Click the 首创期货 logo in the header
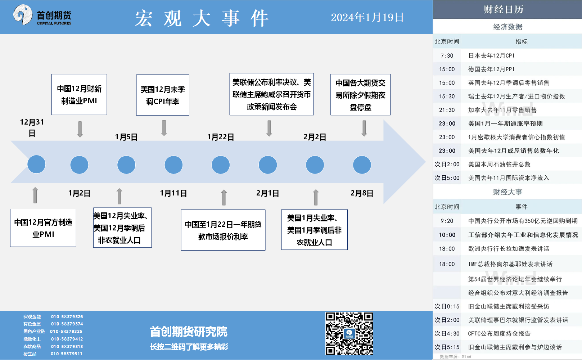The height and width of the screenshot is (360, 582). click(x=42, y=15)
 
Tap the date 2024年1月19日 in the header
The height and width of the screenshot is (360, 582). click(x=367, y=17)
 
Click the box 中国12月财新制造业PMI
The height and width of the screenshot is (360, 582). click(x=79, y=94)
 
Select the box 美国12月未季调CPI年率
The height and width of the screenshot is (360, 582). click(x=163, y=95)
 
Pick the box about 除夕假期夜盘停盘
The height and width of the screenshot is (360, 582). click(x=360, y=94)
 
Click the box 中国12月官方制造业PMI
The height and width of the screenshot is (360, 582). click(x=43, y=228)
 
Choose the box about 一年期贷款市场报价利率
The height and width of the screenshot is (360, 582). click(x=223, y=230)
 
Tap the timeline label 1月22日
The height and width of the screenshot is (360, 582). click(x=220, y=137)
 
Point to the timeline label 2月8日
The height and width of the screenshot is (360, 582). click(x=362, y=193)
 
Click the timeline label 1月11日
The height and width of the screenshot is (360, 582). click(x=173, y=193)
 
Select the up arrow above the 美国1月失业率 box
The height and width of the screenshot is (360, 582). click(x=316, y=197)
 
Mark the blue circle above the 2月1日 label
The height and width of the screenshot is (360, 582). click(x=268, y=165)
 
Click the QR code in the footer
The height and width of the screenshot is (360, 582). click(x=349, y=334)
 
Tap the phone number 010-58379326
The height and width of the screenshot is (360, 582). click(x=67, y=316)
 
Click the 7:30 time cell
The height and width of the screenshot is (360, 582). click(x=447, y=56)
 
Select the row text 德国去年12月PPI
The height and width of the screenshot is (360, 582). click(x=491, y=69)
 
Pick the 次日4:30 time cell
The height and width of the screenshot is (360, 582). click(x=447, y=333)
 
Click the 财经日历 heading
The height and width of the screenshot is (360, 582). click(x=503, y=9)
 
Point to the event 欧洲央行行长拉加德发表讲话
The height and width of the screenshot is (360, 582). click(x=509, y=249)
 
